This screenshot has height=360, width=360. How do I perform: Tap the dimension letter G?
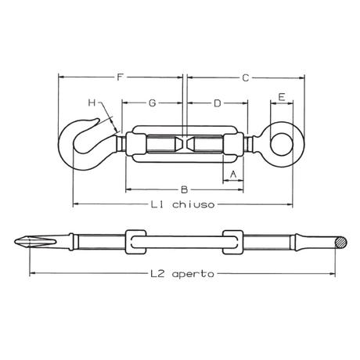coord(152,103)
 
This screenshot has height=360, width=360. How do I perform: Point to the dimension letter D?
coord(217,103)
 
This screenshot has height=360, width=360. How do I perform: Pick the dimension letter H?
coord(92,103)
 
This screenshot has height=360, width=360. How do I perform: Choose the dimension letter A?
coord(233,173)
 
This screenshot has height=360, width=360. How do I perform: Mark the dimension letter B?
coord(183,189)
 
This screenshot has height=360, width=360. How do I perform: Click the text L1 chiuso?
coord(182,205)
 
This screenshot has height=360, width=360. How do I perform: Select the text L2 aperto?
coord(182,274)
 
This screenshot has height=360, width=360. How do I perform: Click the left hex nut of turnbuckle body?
coord(134,144)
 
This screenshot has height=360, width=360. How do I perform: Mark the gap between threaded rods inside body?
coord(183,144)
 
